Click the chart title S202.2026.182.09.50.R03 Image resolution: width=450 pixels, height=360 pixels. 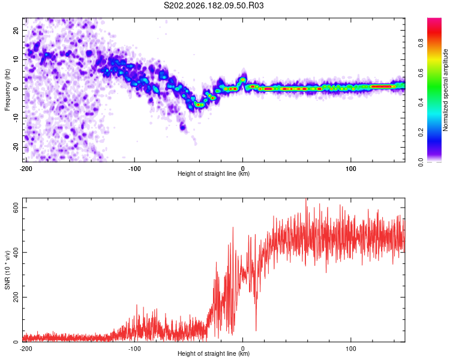coord(214,5)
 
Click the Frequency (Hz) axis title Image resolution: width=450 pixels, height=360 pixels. coord(7,90)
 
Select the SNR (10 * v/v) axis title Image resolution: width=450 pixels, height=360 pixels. coord(7,270)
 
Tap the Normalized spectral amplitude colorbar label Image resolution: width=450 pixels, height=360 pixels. coord(445,90)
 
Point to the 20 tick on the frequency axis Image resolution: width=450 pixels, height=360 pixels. coord(16,30)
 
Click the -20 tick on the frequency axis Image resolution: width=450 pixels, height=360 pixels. coord(16,147)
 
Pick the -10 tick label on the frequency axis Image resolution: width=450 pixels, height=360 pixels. coord(16,118)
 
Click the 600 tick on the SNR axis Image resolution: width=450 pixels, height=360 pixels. coord(16,208)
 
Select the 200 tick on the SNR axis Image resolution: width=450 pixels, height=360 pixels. coord(16,297)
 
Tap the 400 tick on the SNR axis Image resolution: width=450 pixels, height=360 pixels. coord(16,253)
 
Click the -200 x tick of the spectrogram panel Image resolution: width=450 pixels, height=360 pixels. coord(26,169)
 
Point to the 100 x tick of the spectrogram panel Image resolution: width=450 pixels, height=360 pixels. coord(351,169)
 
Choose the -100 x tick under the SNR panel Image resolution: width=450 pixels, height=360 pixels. coord(134,349)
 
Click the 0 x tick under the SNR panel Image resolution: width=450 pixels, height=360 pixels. coord(243,349)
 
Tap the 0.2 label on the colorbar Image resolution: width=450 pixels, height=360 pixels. coord(421,133)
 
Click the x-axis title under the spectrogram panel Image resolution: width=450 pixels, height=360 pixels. coord(214,173)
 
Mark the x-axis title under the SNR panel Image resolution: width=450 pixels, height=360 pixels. coord(214,353)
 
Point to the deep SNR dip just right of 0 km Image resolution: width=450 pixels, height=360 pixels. coord(256,330)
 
